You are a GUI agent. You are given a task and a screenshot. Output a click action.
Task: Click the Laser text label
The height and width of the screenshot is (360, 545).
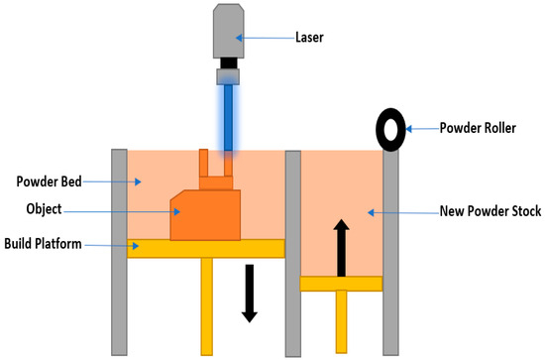[x=309, y=38]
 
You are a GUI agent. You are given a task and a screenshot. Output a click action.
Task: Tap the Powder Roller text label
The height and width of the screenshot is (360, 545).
[x=478, y=128]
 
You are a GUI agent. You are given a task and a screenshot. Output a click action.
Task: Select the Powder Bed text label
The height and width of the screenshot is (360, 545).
[x=49, y=181]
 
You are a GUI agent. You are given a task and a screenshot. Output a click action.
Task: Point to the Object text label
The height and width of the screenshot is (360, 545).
[x=45, y=209]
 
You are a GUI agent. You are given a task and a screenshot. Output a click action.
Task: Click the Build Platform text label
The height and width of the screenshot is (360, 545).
[x=43, y=244]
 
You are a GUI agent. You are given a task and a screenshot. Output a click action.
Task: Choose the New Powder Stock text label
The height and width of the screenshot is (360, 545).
[x=490, y=211]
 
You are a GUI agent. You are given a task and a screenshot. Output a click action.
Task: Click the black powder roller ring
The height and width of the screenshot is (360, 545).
[x=390, y=116]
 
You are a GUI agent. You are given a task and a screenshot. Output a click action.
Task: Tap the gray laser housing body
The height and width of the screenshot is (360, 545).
[x=228, y=31]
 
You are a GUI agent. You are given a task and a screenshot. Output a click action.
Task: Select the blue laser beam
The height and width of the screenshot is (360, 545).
[x=228, y=118]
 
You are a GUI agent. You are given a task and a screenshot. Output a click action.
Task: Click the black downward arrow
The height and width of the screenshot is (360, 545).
[x=250, y=294]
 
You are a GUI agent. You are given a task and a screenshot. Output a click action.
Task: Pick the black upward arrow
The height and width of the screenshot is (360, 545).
[x=341, y=248]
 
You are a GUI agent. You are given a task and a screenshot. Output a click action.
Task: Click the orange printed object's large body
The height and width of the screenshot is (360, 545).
[x=205, y=215]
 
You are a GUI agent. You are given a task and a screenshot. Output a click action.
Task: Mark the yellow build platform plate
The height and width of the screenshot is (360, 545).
[x=206, y=249]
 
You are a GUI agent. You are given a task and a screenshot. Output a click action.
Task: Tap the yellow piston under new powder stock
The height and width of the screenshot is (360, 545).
[x=341, y=284]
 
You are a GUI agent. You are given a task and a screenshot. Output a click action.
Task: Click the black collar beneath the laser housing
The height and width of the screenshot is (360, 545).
[x=228, y=63]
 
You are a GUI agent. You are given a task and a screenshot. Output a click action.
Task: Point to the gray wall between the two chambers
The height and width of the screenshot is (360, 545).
[x=293, y=254]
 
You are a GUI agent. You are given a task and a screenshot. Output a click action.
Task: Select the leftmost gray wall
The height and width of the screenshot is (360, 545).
[x=119, y=252]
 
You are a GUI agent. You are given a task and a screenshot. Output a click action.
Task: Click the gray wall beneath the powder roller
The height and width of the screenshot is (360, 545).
[x=390, y=253]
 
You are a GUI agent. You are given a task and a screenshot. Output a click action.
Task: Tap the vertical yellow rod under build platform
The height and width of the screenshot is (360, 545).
[x=207, y=306]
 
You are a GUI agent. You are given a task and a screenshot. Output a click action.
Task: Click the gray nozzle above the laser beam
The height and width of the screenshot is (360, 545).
[x=228, y=77]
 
